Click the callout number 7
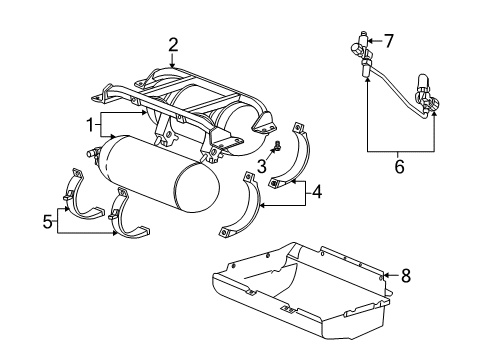tap(389, 41)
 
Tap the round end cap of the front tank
tap(196, 204)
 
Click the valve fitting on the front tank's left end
tap(92, 154)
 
